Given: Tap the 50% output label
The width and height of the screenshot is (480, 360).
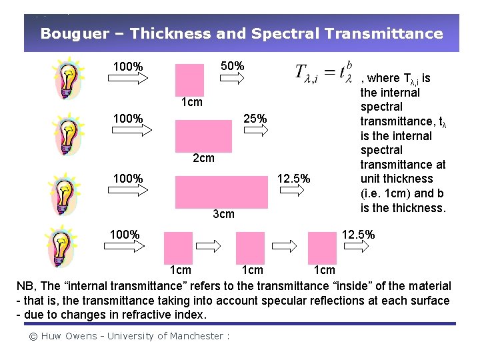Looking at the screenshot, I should (232, 67).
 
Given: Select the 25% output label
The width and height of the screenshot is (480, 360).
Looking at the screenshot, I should (255, 119).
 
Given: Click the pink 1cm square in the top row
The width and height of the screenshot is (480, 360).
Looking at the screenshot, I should (189, 81).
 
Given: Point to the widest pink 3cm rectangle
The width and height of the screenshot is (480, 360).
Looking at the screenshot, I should (221, 192).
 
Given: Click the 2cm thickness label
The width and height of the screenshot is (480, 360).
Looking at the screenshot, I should (203, 158).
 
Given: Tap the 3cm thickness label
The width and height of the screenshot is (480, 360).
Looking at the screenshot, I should (223, 214).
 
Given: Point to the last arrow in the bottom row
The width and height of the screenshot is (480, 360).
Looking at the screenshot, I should (356, 247).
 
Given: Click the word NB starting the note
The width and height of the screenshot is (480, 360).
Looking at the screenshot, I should (25, 286).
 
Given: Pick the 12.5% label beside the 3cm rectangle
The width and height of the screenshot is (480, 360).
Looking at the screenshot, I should (293, 178).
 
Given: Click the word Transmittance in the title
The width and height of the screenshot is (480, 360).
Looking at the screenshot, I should (393, 33).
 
